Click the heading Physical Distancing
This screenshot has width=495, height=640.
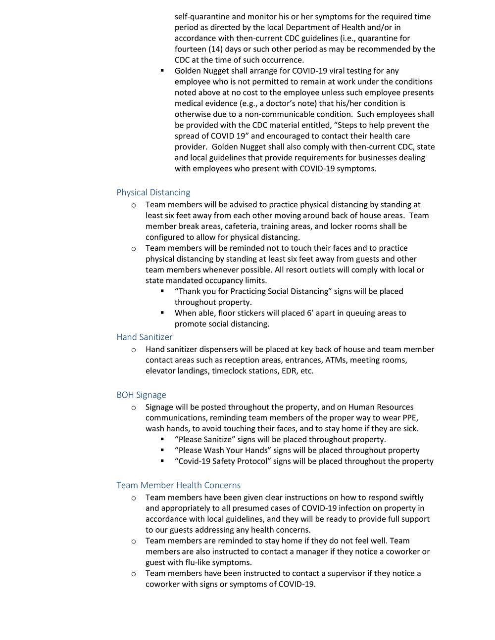pos(153,192)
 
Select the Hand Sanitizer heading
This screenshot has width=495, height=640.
pos(145,337)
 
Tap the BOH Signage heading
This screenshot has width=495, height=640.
pos(141,395)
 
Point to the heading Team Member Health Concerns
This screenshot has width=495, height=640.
pos(178,485)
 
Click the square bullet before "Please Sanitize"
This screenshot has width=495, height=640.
pos(162,439)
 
